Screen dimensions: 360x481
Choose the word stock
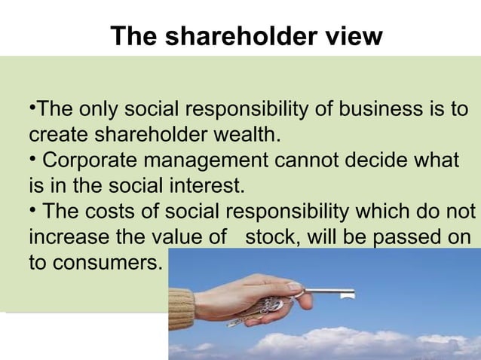tap(269, 235)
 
